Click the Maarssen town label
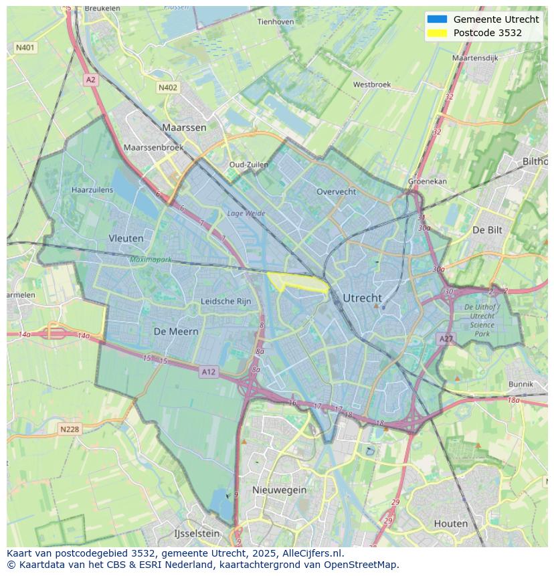[184, 127]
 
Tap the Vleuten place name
[126, 238]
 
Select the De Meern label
[176, 331]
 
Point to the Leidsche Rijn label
[226, 302]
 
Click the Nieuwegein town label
[279, 490]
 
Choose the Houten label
[451, 523]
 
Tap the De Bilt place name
[487, 229]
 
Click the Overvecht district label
[336, 191]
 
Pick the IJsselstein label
[197, 533]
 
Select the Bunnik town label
[521, 384]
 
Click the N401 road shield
[25, 47]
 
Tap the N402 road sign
[168, 88]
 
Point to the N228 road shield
[70, 429]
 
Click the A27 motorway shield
[446, 339]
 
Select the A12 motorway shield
[208, 372]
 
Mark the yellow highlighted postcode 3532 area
[294, 282]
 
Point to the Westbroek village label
[371, 85]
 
